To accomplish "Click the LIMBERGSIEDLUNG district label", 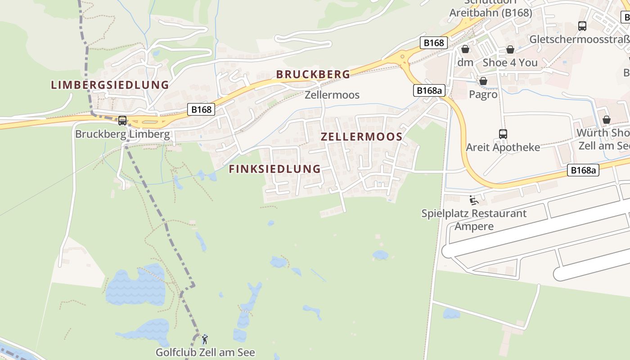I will point(110,85).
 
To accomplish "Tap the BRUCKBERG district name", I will point(313,74).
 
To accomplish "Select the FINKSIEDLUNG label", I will point(274,169).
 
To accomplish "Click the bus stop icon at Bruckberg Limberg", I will point(122,121).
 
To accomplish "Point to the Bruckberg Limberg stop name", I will point(122,134).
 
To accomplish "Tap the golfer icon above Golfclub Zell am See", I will point(205,339).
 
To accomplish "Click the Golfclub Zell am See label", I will point(205,352).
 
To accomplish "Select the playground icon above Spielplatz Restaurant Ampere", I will point(473,200).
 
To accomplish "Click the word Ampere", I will point(474,226).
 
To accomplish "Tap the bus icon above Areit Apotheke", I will point(503,134).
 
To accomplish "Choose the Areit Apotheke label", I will point(503,147).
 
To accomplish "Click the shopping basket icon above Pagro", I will point(483,81).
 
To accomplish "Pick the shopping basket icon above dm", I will point(465,49).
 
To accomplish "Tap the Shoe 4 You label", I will point(510,63).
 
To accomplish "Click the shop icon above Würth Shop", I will point(607,120).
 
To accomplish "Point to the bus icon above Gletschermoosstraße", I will point(582,26).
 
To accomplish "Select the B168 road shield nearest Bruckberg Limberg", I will point(200,109).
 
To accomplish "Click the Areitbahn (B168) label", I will point(490,13).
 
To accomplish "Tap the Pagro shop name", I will point(483,94).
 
